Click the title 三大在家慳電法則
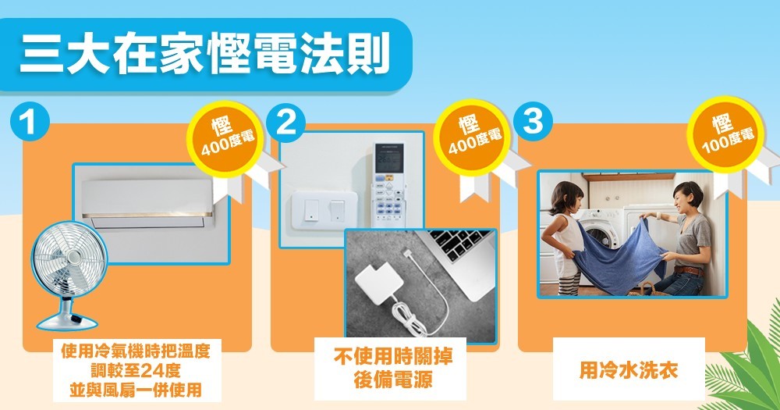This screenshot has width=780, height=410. tap(204, 54)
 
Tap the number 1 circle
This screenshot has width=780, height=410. tap(30, 121)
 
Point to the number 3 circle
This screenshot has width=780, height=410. tap(534, 121)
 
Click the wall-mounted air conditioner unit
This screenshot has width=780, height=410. tap(147, 204)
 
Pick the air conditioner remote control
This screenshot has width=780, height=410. tap(389, 184)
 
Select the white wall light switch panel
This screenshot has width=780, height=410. tap(324, 211)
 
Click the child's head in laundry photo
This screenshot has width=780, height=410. tap(566, 198)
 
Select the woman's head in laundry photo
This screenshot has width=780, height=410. tap(687, 196)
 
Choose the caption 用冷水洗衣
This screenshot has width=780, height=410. tap(629, 370)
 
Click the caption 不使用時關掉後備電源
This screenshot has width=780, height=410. tap(393, 368)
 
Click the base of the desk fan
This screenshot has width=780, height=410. tap(67, 319)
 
